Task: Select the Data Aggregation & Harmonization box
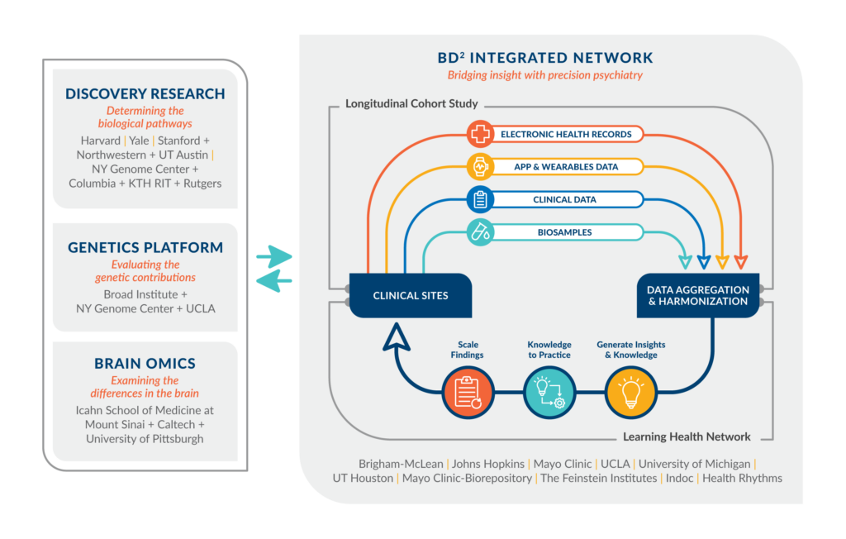(698, 295)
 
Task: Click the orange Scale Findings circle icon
(468, 392)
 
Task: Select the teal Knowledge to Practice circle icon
(549, 392)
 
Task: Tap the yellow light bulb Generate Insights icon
(631, 392)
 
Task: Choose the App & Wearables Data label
(566, 166)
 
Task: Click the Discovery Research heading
(145, 93)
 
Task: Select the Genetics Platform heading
(145, 247)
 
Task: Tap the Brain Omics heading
(145, 364)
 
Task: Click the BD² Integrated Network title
(545, 58)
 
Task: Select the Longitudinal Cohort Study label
(411, 104)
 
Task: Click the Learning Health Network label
(687, 436)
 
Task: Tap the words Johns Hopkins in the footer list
(489, 464)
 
